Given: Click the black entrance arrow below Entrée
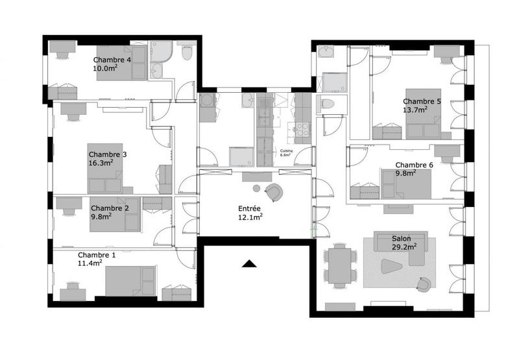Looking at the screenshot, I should click(x=248, y=263).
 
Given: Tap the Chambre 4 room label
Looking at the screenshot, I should click(x=112, y=60).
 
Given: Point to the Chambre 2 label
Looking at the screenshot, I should click(x=110, y=208).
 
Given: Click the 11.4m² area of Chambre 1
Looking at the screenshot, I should click(x=91, y=264).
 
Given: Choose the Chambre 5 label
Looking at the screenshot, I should click(x=422, y=101).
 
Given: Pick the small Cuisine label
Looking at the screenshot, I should click(x=287, y=150).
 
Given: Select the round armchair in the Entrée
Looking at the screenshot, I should click(x=274, y=191).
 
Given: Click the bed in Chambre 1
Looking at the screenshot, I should click(x=130, y=281).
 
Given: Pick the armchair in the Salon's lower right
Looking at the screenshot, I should click(x=424, y=283).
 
